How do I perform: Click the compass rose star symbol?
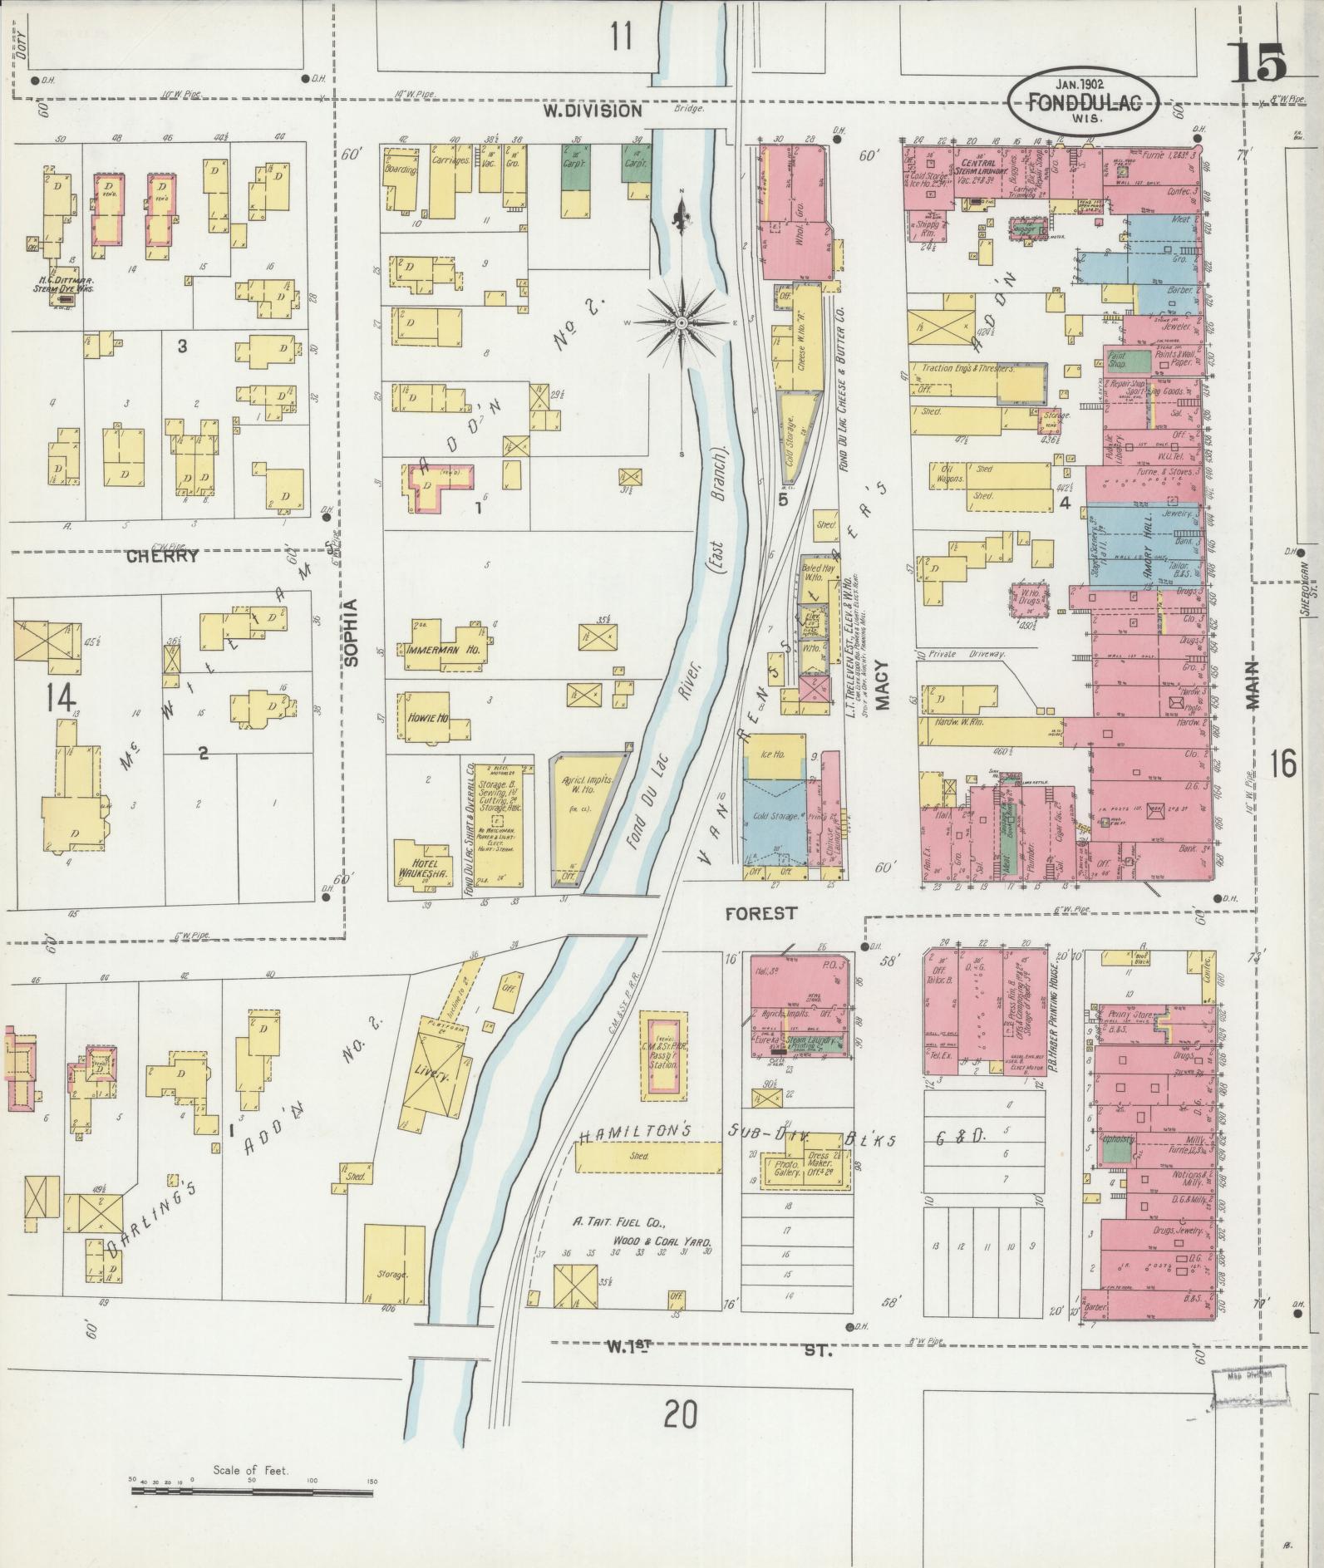[x=681, y=322]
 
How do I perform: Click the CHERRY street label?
[x=162, y=557]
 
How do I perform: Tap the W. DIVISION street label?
[x=593, y=111]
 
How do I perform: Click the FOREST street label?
[x=760, y=913]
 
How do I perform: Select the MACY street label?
[x=883, y=685]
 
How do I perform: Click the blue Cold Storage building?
[x=775, y=818]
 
